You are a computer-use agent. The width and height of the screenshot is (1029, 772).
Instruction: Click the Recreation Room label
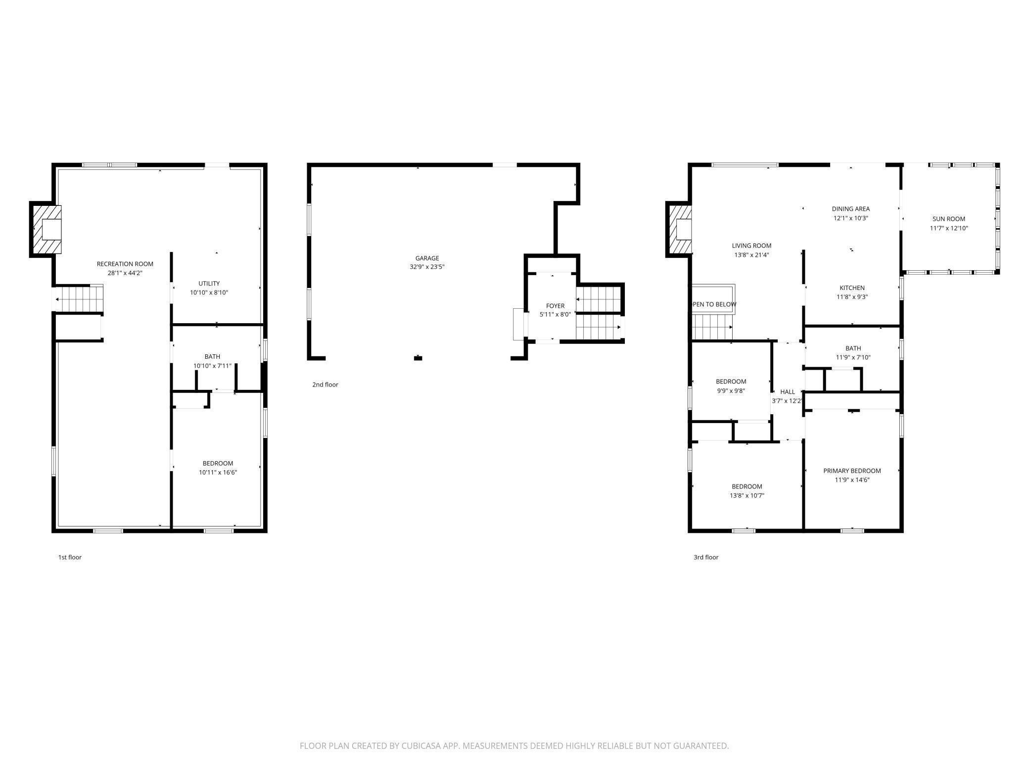click(x=125, y=264)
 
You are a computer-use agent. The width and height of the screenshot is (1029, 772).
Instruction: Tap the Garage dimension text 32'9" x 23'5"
click(x=427, y=267)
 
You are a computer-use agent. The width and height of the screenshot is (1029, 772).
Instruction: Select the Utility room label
click(x=209, y=284)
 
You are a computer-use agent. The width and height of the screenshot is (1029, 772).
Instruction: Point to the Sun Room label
click(x=949, y=219)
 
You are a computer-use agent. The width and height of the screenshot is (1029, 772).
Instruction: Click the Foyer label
click(x=555, y=306)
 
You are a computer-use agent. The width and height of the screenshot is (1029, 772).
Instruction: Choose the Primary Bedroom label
click(x=852, y=471)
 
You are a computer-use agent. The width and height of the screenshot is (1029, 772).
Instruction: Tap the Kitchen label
click(x=852, y=288)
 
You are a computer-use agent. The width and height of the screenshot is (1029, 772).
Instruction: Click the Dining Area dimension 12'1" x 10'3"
click(x=851, y=218)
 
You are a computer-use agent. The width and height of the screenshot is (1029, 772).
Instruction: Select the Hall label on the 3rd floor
click(x=787, y=392)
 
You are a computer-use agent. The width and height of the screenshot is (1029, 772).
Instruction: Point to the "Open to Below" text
click(x=714, y=304)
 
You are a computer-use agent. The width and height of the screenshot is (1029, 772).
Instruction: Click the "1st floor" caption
click(x=70, y=557)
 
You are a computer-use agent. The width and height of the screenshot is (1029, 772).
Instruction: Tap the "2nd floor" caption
click(x=325, y=385)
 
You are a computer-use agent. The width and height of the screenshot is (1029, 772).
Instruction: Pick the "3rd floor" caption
click(x=706, y=557)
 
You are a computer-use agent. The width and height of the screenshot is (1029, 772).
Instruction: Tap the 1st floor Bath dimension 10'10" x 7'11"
click(x=212, y=366)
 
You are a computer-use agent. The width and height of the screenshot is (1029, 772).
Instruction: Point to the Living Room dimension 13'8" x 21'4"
click(x=751, y=255)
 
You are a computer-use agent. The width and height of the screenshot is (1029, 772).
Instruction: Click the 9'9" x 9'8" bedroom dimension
click(x=731, y=391)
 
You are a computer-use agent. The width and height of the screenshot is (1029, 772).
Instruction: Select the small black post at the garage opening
click(x=418, y=358)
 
